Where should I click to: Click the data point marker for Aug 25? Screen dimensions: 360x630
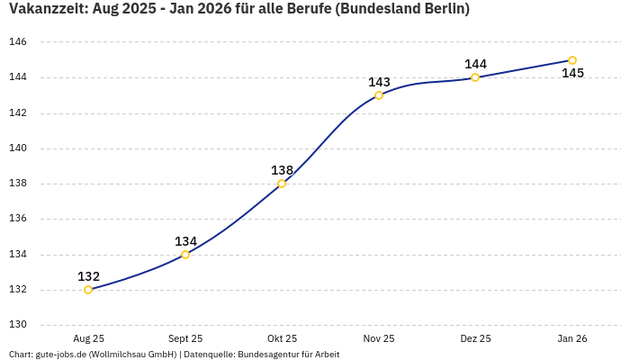[88, 290]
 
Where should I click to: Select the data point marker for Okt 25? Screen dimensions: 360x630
[282, 184]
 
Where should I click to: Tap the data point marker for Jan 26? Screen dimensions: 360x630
[572, 60]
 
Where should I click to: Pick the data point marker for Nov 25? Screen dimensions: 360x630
[379, 95]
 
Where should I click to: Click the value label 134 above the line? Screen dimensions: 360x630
[185, 241]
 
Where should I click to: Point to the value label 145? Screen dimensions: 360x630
[572, 73]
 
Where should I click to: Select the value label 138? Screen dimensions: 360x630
[282, 170]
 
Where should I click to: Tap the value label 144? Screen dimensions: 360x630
[475, 64]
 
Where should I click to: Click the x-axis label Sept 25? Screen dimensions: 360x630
[185, 338]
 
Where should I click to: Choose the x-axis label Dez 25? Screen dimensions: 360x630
[475, 338]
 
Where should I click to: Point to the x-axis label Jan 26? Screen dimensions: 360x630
[572, 338]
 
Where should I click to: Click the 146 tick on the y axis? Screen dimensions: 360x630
[18, 42]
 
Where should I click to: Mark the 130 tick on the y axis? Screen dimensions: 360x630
[18, 325]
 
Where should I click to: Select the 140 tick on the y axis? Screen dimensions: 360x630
[18, 148]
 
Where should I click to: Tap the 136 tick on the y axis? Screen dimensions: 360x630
[18, 219]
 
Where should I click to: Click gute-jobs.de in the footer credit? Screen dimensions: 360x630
[60, 354]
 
